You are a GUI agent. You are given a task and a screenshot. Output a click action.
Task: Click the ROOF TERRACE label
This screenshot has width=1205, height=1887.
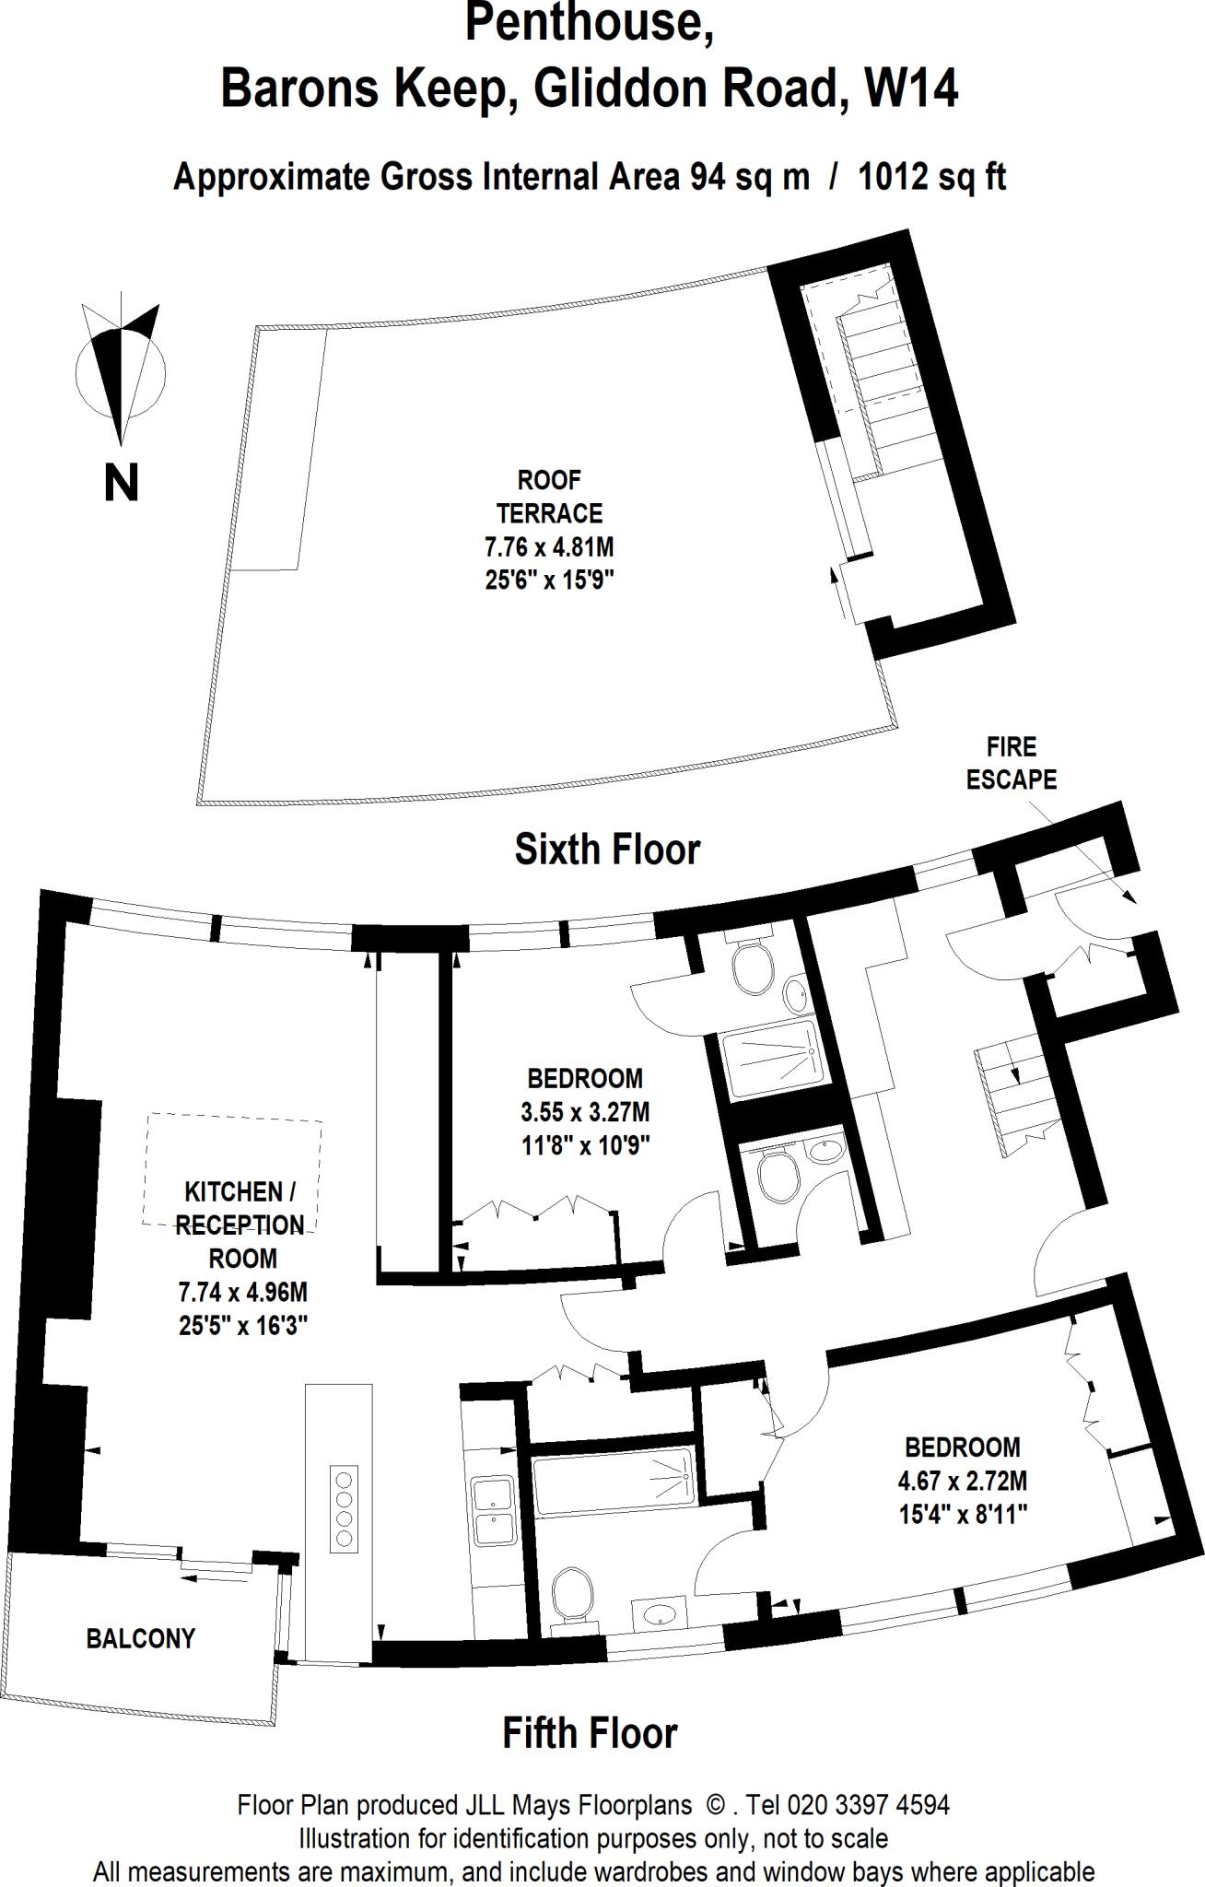coord(549,497)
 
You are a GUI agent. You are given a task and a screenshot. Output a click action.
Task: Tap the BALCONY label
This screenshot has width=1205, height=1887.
coord(141,1638)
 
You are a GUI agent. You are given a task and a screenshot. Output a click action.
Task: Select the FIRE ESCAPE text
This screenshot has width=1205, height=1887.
coord(1011,763)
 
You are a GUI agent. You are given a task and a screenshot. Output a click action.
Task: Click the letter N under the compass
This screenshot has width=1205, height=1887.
coord(122,483)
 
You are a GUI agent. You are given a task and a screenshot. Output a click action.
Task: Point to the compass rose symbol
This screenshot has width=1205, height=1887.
coord(120,369)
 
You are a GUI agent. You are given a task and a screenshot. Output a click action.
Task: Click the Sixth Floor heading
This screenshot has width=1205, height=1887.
coord(607,849)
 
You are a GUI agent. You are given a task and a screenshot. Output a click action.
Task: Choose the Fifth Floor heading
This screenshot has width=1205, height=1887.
coord(590,1733)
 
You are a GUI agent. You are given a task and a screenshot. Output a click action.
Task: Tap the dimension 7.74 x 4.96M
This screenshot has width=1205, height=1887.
coord(243,1293)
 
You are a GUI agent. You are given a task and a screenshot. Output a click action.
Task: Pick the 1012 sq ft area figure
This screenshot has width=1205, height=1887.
coord(931,177)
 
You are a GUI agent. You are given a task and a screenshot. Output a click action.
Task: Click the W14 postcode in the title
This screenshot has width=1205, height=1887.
coord(910,90)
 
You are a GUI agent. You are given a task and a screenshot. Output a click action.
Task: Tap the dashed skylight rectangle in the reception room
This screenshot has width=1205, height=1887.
coord(232,1169)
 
